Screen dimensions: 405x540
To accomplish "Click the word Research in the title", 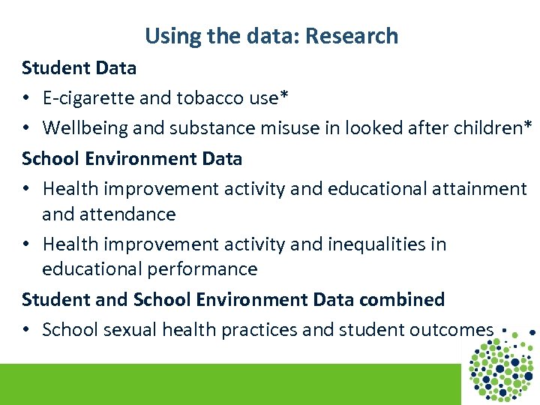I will click(352, 36).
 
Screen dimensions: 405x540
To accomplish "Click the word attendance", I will click(109, 214).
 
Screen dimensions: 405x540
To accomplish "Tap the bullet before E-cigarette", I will click(27, 98).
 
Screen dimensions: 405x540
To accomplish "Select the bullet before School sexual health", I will click(27, 331).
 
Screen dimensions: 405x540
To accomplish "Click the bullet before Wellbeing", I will click(27, 128).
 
